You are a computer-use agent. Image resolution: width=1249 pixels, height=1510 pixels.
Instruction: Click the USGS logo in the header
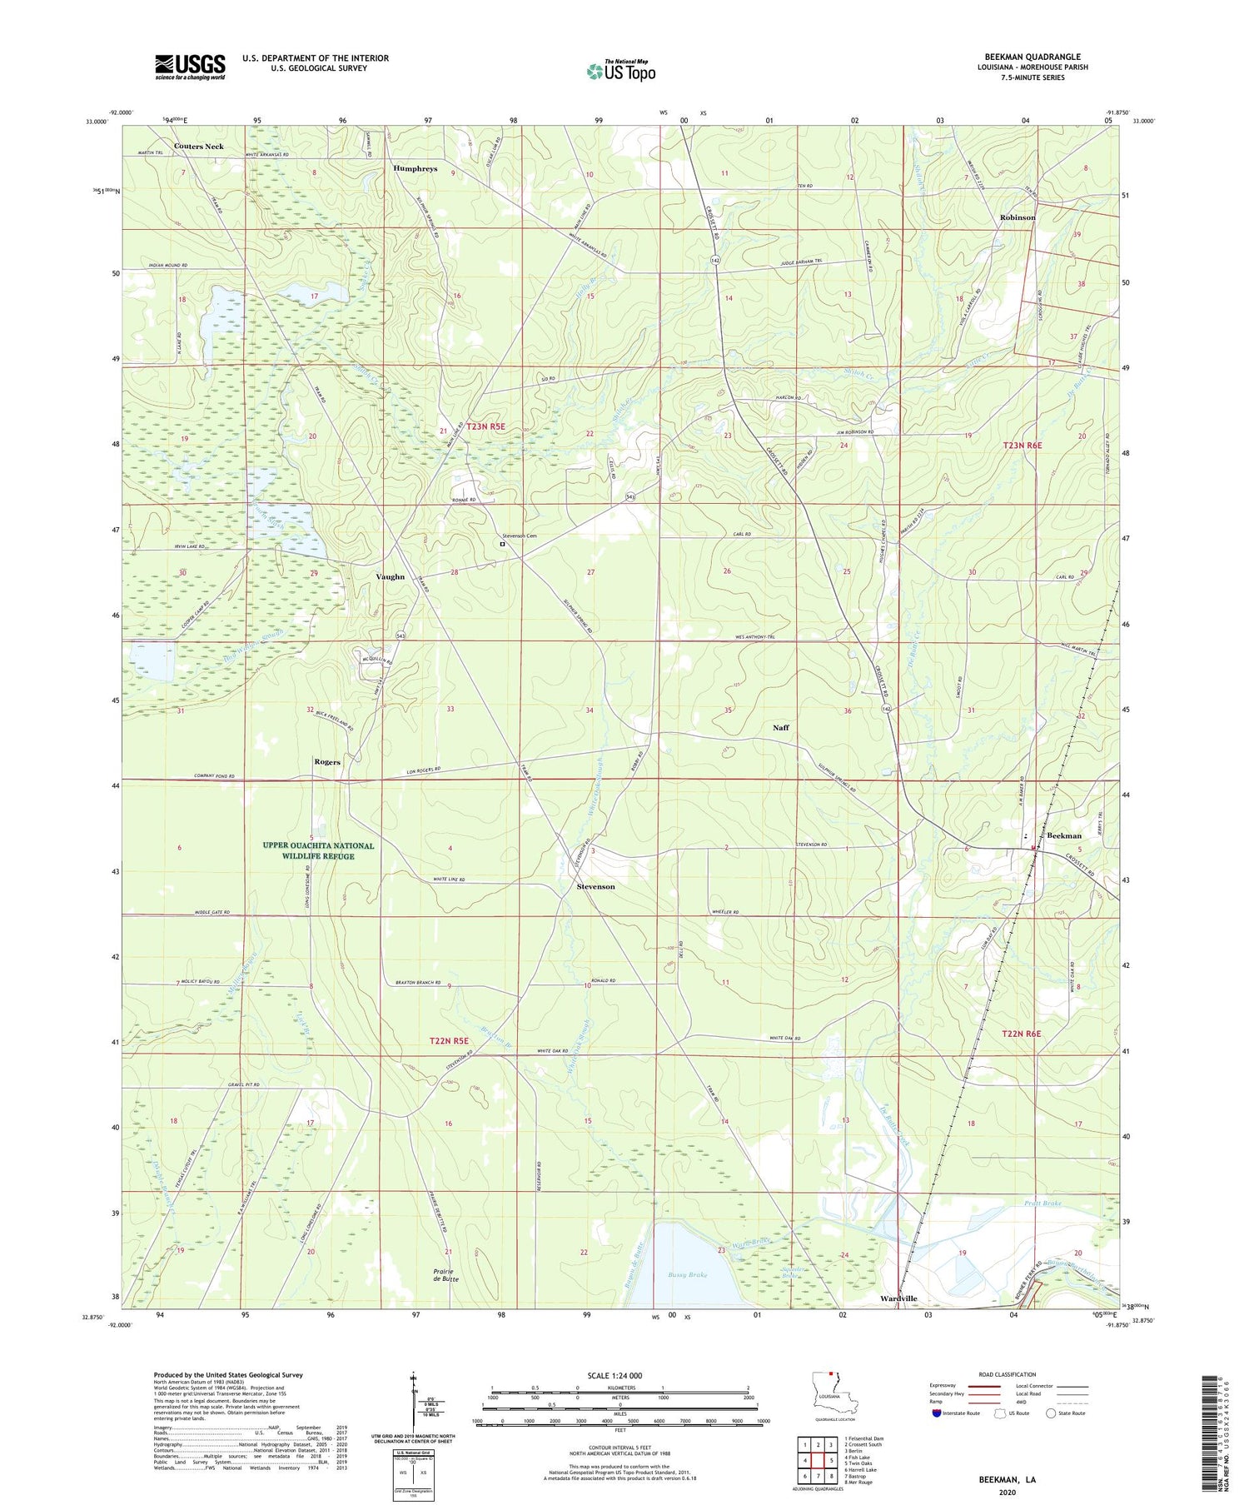pyautogui.click(x=190, y=67)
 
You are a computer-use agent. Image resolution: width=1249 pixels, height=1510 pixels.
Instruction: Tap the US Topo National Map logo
pyautogui.click(x=620, y=71)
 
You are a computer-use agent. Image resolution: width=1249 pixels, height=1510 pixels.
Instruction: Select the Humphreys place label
pyautogui.click(x=415, y=169)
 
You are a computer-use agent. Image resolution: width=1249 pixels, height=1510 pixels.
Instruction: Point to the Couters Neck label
pyautogui.click(x=198, y=147)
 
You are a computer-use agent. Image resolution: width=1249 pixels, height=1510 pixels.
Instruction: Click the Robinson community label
pyautogui.click(x=1018, y=217)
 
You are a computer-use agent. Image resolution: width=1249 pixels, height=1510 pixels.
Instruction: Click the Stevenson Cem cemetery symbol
pyautogui.click(x=502, y=544)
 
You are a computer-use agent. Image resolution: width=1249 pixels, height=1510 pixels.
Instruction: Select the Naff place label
pyautogui.click(x=780, y=728)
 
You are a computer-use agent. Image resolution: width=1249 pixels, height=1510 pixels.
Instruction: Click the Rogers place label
pyautogui.click(x=327, y=762)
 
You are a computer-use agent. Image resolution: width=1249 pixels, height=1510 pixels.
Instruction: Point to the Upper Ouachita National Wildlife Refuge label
pyautogui.click(x=318, y=850)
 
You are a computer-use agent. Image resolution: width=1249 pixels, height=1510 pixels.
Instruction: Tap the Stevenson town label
pyautogui.click(x=595, y=887)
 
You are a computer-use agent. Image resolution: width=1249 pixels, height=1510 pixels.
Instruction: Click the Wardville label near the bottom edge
pyautogui.click(x=898, y=1298)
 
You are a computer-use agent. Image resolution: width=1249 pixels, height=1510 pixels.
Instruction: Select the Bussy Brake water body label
pyautogui.click(x=687, y=1274)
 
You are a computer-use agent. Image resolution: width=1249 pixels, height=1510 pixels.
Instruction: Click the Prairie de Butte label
pyautogui.click(x=448, y=1274)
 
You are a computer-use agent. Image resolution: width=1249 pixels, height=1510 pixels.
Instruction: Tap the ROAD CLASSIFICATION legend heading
pyautogui.click(x=1008, y=1375)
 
